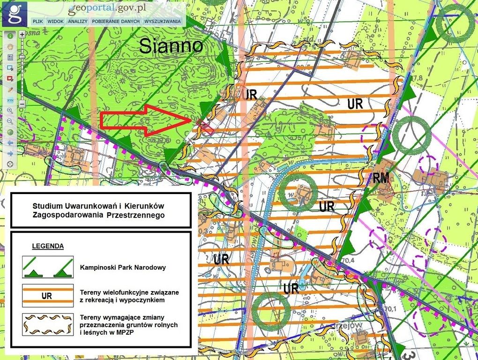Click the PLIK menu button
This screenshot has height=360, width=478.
click(38, 21)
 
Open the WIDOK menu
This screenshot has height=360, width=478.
click(55, 21)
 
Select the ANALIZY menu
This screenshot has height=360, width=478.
click(78, 21)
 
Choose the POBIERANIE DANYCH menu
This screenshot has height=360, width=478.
click(116, 21)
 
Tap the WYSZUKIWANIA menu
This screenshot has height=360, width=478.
click(163, 21)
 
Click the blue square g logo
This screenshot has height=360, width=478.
click(15, 14)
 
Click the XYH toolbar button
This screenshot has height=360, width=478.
click(10, 100)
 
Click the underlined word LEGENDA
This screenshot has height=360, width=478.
click(48, 246)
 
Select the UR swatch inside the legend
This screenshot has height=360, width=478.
click(47, 295)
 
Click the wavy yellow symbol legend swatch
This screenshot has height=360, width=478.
click(47, 323)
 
